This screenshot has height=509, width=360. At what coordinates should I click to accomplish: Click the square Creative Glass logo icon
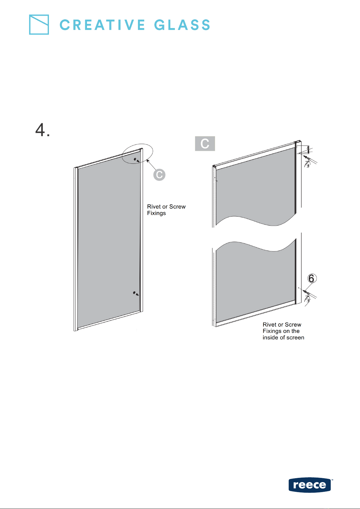pyautogui.click(x=39, y=24)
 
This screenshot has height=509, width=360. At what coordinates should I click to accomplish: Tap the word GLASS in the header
pyautogui.click(x=182, y=25)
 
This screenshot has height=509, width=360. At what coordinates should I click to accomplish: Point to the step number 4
pyautogui.click(x=43, y=130)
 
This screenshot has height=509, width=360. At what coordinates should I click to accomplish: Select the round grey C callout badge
pyautogui.click(x=159, y=175)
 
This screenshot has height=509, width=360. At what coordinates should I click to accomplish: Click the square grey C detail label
pyautogui.click(x=205, y=143)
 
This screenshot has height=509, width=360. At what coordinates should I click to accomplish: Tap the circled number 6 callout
pyautogui.click(x=311, y=278)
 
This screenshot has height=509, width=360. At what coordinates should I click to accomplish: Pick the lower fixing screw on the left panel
pyautogui.click(x=136, y=293)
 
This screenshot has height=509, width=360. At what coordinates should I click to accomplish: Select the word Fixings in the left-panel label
pyautogui.click(x=156, y=213)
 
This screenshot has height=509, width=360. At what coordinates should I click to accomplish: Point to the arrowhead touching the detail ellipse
pyautogui.click(x=148, y=161)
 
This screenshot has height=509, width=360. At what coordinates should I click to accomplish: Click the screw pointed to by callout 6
pyautogui.click(x=306, y=292)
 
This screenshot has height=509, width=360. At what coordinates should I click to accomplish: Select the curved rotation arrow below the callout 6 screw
pyautogui.click(x=307, y=299)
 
